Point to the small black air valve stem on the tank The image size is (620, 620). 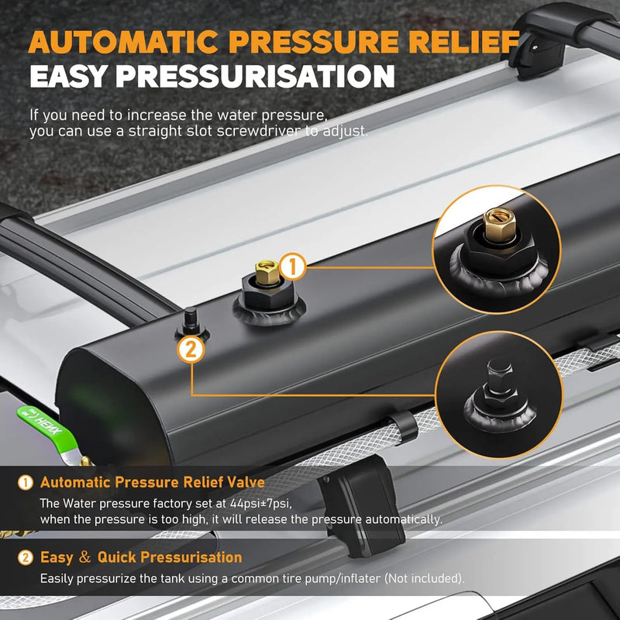tap(189, 319)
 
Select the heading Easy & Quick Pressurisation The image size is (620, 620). tap(141, 557)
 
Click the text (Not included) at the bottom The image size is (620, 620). tap(436, 577)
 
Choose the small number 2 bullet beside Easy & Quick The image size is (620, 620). tap(25, 557)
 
